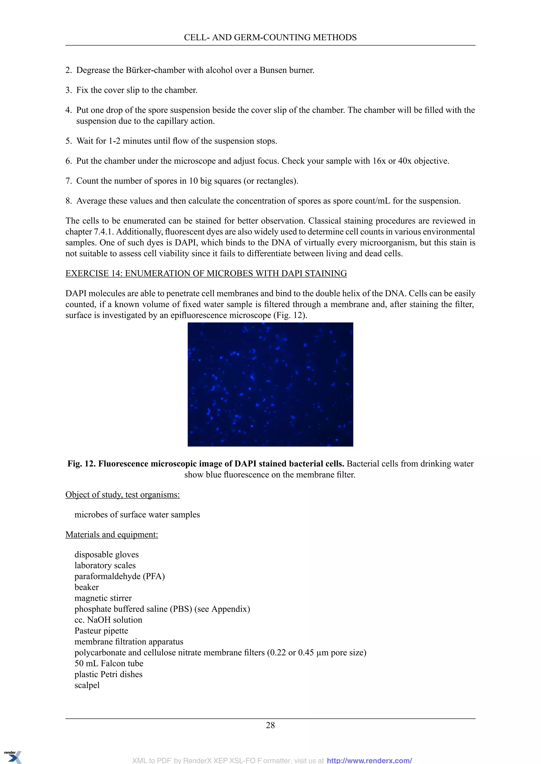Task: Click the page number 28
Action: pos(270,725)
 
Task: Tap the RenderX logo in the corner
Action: pos(12,756)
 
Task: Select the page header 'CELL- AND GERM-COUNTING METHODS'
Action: pos(270,37)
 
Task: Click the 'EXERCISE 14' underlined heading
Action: pos(206,273)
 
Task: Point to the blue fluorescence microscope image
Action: pos(270,384)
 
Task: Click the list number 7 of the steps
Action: pos(68,181)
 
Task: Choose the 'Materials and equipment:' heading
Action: pos(111,534)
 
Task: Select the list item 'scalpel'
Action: pos(87,685)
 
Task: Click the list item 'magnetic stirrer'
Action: pos(103,598)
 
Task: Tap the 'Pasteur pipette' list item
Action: pos(101,631)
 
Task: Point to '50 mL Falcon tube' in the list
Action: pos(109,663)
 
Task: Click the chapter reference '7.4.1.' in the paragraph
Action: pos(104,232)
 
